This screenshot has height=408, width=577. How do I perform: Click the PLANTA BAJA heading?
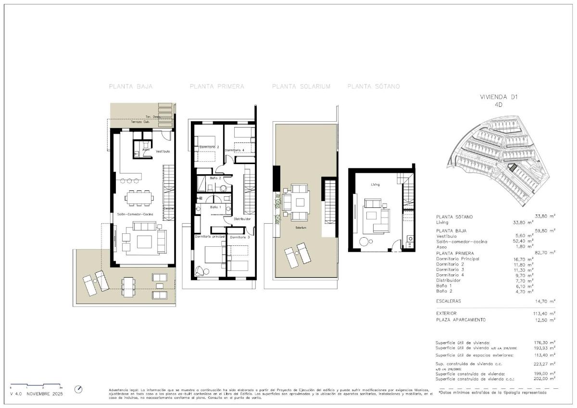pos(131,87)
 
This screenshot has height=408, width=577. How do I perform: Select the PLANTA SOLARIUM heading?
pos(301,87)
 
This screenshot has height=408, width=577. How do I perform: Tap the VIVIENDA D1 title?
pos(499,97)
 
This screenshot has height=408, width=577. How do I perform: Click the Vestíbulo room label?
pos(163,152)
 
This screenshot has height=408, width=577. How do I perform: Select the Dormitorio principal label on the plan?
pos(210,237)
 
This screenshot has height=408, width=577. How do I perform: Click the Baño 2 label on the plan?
pos(215,178)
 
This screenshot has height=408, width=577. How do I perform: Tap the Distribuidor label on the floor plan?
pos(242,219)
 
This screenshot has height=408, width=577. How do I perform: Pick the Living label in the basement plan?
pos(375,184)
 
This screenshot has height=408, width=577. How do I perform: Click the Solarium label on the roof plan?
pos(301,228)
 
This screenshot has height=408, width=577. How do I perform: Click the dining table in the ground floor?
pos(139,197)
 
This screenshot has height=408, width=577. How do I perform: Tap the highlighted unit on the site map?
pos(513,167)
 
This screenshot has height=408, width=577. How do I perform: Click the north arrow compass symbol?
pos(79,389)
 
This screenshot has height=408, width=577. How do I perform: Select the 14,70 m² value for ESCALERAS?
pos(545,301)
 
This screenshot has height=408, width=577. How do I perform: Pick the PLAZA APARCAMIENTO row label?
pos(461,319)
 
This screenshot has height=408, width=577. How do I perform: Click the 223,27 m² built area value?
pos(545,364)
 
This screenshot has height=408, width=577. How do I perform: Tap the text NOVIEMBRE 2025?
pos(45,394)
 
